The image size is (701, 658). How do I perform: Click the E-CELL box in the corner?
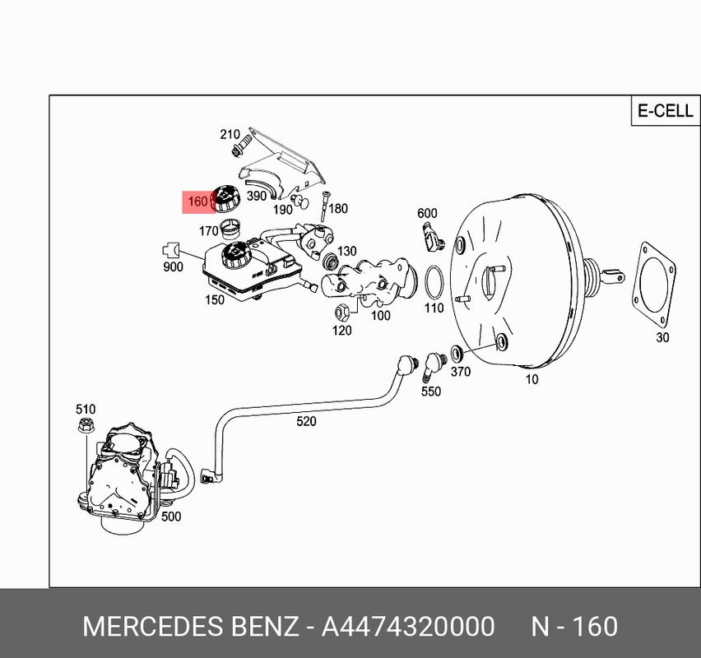[x=666, y=110]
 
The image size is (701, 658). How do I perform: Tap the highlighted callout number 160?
[x=197, y=202]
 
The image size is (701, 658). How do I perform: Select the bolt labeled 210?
[x=241, y=147]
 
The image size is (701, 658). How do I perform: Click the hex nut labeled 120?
[x=341, y=311]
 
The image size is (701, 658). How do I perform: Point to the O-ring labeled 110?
[x=434, y=282]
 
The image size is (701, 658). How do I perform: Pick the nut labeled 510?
[x=86, y=424]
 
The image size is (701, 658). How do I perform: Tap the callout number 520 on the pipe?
[x=306, y=421]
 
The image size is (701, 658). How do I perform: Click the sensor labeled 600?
[x=431, y=238]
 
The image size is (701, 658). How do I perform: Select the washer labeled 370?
[x=457, y=353]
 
